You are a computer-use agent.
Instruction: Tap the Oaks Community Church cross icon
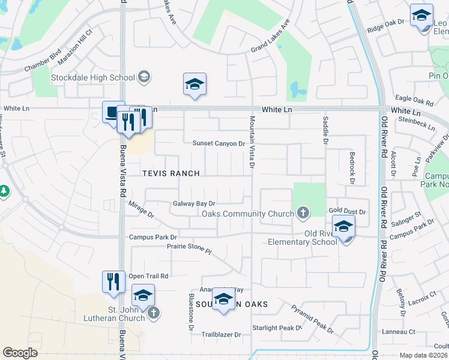pyautogui.click(x=303, y=213)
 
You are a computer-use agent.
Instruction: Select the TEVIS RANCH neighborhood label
pyautogui.click(x=170, y=173)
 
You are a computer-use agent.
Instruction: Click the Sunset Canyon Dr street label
pyautogui.click(x=218, y=143)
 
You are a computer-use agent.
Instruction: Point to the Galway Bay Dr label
pyautogui.click(x=194, y=204)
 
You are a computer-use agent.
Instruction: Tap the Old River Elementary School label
pyautogui.click(x=304, y=238)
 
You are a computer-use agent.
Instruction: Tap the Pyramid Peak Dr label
pyautogui.click(x=313, y=319)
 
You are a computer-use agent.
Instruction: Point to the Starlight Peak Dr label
pyautogui.click(x=276, y=328)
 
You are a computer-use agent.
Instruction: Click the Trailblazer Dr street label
pyautogui.click(x=221, y=334)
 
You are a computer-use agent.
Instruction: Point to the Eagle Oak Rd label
pyautogui.click(x=414, y=99)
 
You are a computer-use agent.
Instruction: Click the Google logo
pyautogui.click(x=20, y=353)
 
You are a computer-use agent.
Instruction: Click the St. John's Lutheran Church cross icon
pyautogui.click(x=154, y=312)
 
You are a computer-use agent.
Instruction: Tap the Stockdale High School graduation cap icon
pyautogui.click(x=144, y=77)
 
